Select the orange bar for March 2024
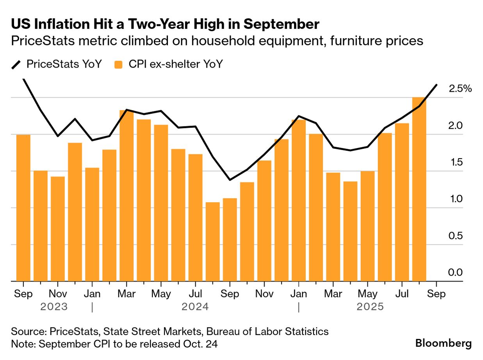point(127,195)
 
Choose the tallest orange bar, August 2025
point(419,189)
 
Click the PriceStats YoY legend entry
point(57,64)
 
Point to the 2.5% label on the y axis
point(460,89)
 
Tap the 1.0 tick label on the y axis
point(456,199)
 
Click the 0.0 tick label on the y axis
point(456,273)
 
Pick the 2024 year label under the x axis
point(195,307)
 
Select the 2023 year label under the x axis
point(54,307)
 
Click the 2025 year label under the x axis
point(370,307)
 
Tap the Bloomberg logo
point(443,343)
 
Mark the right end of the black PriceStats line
point(436,85)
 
